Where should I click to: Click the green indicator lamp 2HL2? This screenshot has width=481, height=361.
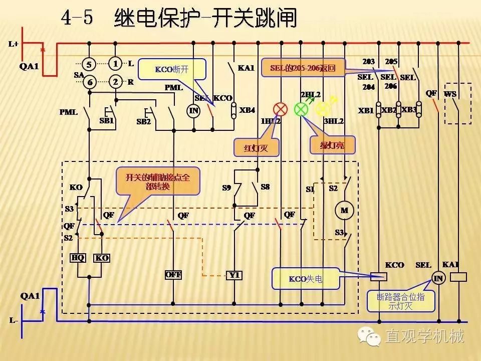coord(301,109)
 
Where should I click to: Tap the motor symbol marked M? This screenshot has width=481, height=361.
coord(344,210)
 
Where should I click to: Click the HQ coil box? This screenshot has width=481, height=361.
coord(78,258)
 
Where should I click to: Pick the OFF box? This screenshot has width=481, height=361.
coord(173,275)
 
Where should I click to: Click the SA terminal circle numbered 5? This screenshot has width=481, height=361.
coord(89,64)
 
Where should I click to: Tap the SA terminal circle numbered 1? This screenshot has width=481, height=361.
coord(116,64)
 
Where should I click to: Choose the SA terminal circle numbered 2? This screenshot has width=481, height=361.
coord(116,82)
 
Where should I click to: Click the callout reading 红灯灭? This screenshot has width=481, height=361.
coord(256,147)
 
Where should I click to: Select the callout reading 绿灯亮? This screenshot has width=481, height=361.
coord(332,145)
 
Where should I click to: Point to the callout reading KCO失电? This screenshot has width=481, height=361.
coord(305,278)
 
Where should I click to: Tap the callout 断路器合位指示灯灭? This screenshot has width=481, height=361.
coord(400,301)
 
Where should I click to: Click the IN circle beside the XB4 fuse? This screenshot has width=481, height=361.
coord(193,110)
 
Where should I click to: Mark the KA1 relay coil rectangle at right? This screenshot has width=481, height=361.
coord(459,276)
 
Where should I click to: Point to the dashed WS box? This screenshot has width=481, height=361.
coord(457,103)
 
